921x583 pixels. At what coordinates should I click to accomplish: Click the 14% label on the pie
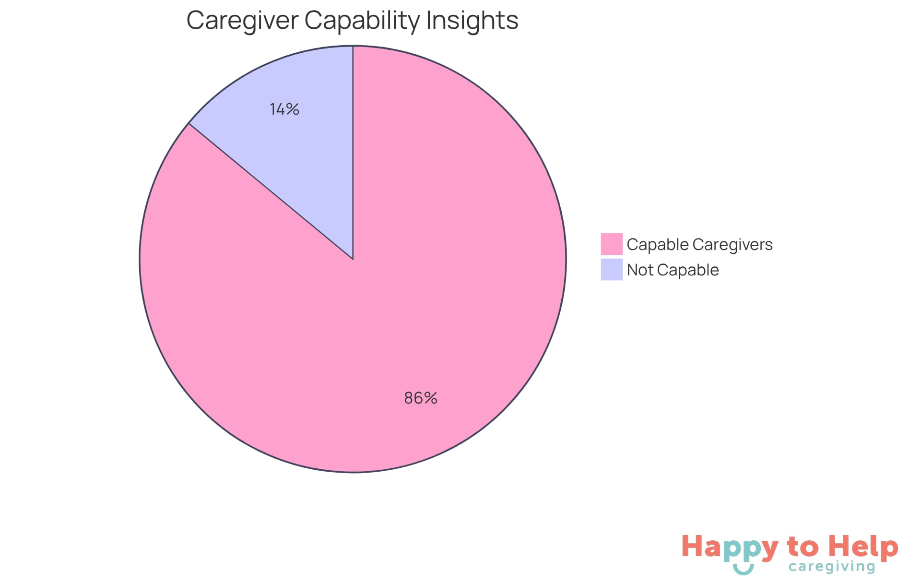(x=284, y=109)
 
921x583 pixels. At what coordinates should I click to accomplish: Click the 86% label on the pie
(x=421, y=398)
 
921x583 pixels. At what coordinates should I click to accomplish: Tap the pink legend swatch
(x=612, y=244)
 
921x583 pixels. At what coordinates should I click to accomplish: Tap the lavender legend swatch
(x=612, y=270)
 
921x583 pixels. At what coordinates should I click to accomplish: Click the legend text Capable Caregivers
(x=699, y=245)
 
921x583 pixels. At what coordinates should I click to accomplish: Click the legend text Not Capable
(x=673, y=270)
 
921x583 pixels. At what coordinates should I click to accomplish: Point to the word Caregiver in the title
(x=242, y=21)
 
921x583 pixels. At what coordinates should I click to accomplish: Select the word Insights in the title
(x=472, y=21)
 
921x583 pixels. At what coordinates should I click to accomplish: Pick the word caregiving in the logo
(x=832, y=567)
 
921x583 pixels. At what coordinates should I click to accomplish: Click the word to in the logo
(x=803, y=547)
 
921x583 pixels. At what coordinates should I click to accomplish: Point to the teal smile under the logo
(x=743, y=570)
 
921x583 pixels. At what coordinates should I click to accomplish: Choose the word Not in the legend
(x=640, y=270)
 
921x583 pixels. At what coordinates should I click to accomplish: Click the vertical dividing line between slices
(x=353, y=154)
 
